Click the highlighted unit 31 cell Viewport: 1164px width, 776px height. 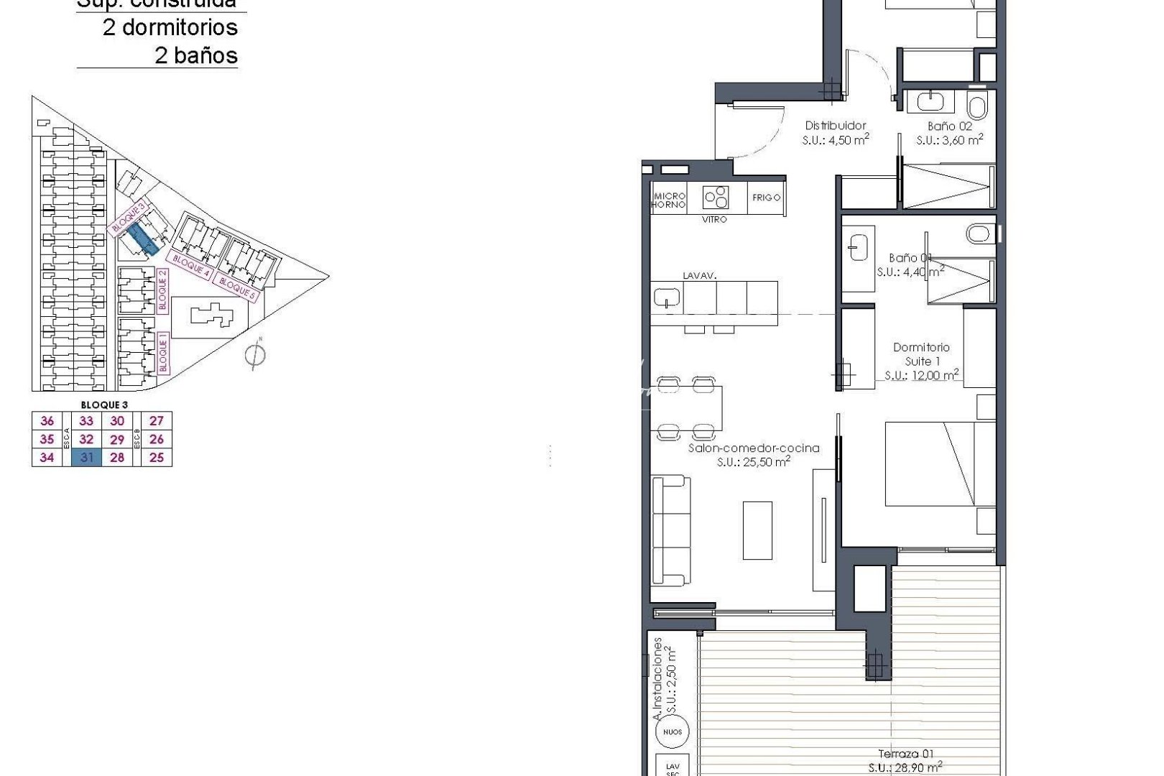(86, 458)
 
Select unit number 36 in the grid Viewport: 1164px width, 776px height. (47, 421)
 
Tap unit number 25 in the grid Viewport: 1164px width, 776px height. (157, 458)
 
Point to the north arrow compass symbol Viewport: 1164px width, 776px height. (255, 354)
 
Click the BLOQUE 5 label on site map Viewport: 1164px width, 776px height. (236, 287)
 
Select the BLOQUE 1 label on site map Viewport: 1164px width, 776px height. (163, 351)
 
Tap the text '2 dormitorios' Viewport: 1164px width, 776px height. (170, 27)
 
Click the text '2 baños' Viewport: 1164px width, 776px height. (195, 55)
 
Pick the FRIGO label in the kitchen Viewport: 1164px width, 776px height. (766, 198)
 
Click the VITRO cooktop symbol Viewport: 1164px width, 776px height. (716, 196)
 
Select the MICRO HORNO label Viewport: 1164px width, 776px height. (668, 200)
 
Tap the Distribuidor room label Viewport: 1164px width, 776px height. (835, 126)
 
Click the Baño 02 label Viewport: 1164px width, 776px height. (949, 126)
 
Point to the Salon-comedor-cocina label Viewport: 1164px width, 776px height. (753, 448)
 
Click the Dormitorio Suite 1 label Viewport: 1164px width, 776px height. (921, 354)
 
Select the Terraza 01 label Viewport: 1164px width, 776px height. (905, 754)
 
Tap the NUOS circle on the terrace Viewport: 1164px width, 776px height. (673, 731)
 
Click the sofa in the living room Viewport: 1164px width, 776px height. (669, 530)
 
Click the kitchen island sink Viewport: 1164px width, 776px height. (667, 296)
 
